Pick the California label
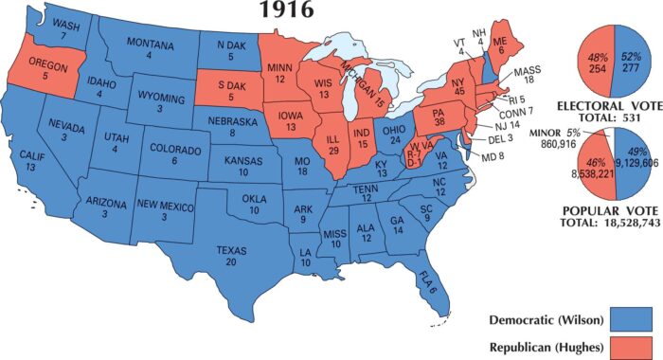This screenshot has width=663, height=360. tap(31, 162)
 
